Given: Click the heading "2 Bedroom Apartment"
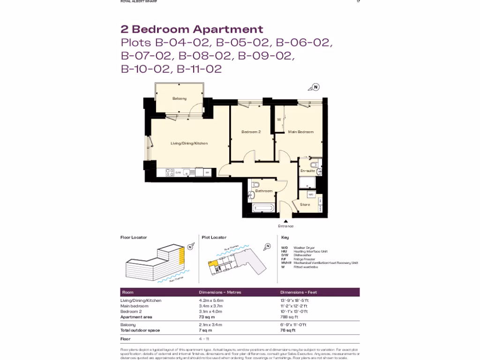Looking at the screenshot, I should [x=192, y=29].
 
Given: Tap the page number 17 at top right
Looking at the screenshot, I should [x=358, y=1].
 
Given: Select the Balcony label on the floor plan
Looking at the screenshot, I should [x=179, y=98].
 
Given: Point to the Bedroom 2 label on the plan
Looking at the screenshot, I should [x=251, y=132].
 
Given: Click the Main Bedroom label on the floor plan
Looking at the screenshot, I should [x=300, y=132].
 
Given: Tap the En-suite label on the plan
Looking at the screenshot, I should [x=307, y=171].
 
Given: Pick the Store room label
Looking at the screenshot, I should [x=305, y=204].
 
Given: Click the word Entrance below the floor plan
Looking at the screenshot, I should [x=285, y=226].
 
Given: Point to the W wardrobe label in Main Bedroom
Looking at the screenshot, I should [x=279, y=120].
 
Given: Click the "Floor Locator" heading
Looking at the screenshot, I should [x=134, y=238].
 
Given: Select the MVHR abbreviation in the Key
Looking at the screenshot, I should [x=286, y=263].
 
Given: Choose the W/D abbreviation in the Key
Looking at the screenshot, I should [x=285, y=247].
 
